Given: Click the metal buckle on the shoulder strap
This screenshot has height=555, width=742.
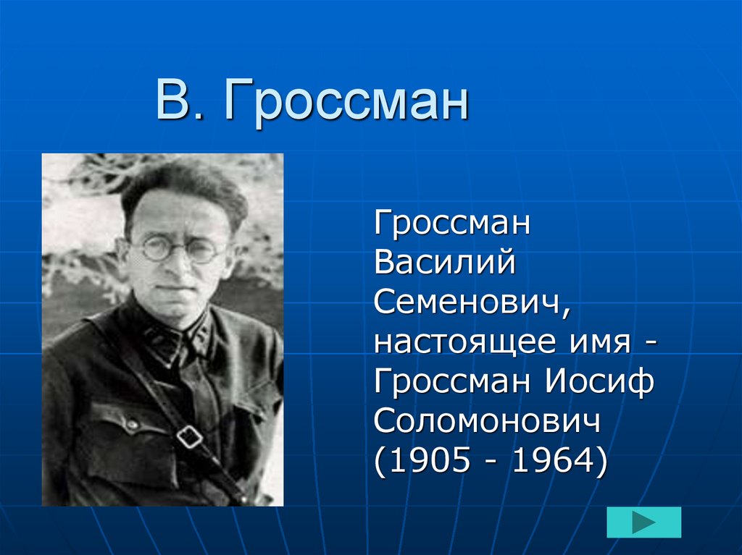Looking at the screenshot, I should point(190,436).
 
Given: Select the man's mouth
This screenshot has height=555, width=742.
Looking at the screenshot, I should point(172,287).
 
